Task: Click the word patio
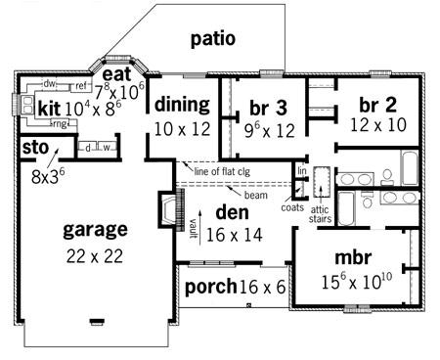(213, 39)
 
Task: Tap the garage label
(95, 230)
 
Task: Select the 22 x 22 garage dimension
(95, 256)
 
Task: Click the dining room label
(182, 105)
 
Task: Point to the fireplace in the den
(171, 208)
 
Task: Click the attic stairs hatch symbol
(322, 182)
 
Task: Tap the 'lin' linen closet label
(302, 170)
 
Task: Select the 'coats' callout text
(292, 207)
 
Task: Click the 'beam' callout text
(256, 196)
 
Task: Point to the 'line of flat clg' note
(222, 171)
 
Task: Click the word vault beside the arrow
(193, 228)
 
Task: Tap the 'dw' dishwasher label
(50, 84)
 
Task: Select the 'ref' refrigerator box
(81, 86)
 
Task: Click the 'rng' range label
(60, 124)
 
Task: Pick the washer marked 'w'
(107, 148)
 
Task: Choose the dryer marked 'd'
(88, 148)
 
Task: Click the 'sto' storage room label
(35, 148)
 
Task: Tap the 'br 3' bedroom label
(268, 108)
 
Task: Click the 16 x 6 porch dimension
(262, 287)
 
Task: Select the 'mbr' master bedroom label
(353, 257)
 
